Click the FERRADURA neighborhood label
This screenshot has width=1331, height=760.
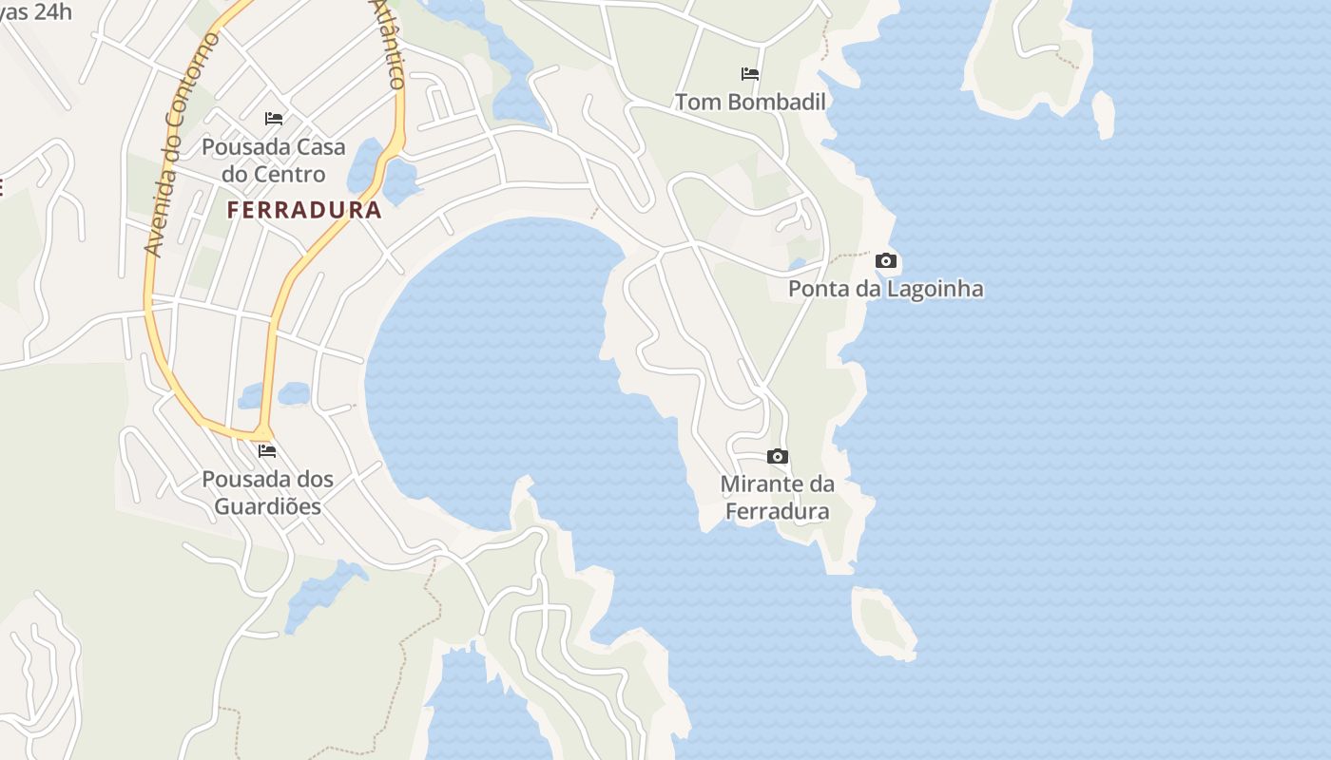[304, 210]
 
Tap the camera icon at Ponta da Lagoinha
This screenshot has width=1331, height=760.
[886, 260]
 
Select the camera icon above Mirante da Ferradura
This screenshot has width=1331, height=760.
[778, 457]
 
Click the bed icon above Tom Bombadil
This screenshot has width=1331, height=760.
[750, 74]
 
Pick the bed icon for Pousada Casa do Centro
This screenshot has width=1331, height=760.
[274, 119]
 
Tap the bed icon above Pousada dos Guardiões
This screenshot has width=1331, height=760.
[267, 451]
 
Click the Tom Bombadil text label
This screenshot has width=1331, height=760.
[750, 102]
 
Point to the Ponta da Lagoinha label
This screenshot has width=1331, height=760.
[886, 289]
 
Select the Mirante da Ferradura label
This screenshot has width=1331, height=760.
[778, 498]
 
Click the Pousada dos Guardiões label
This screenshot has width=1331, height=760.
[267, 492]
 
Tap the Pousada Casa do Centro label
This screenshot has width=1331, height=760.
[274, 161]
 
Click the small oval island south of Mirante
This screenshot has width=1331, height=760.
[884, 622]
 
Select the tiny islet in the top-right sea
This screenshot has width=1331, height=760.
[1104, 113]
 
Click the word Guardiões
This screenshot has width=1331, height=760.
[267, 506]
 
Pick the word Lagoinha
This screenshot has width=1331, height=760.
[936, 289]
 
